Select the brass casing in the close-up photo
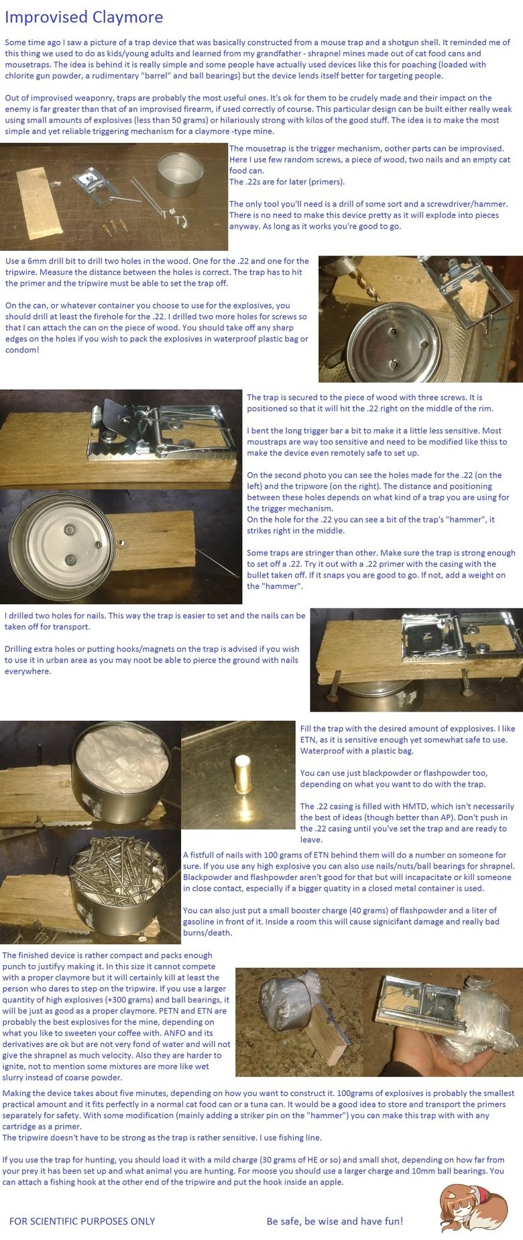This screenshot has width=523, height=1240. (242, 772)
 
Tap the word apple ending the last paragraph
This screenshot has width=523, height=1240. (330, 1182)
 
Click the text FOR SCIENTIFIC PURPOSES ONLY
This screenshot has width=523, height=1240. (82, 1221)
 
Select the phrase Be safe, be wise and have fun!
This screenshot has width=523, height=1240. (335, 1221)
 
